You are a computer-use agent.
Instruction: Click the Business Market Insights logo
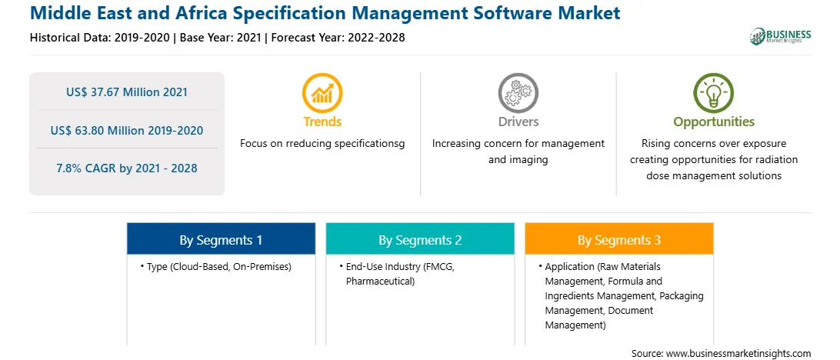(780, 36)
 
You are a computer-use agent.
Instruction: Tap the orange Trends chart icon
(322, 92)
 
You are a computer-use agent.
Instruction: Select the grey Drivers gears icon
(518, 92)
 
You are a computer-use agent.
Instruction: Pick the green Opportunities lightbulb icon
(714, 92)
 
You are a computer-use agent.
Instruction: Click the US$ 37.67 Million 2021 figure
(127, 92)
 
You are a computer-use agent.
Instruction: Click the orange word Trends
(322, 122)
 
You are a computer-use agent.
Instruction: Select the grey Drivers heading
(518, 122)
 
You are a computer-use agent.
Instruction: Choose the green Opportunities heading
(714, 122)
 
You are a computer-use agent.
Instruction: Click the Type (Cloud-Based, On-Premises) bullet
(216, 267)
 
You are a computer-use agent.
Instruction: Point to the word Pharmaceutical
(380, 282)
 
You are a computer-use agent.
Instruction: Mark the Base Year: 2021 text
(220, 38)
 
